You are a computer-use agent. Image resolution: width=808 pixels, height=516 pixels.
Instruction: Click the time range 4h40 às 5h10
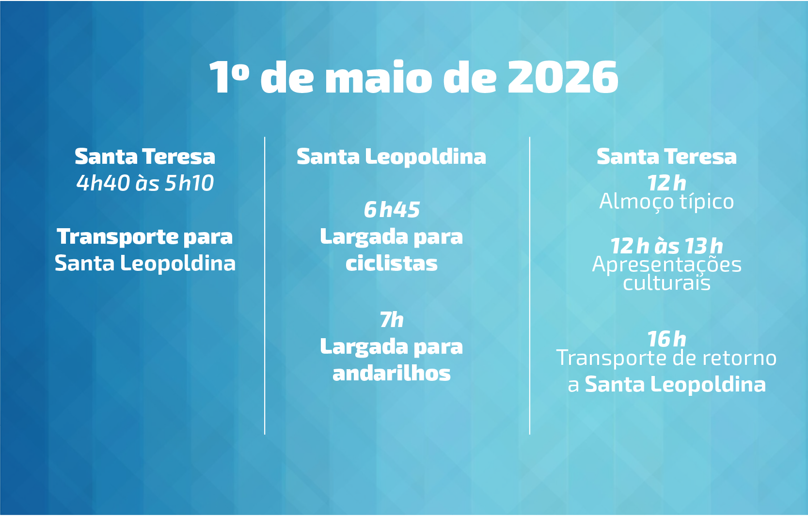145,183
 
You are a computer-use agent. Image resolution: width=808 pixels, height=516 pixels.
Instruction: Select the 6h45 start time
391,210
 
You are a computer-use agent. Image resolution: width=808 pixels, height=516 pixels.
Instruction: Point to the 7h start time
391,320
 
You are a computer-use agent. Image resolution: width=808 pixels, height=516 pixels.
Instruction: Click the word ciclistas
391,264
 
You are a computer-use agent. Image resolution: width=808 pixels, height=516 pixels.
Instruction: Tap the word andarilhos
391,373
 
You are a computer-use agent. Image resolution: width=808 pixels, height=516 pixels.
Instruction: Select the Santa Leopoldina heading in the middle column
391,157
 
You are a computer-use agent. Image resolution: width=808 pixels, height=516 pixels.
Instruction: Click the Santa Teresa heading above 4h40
145,157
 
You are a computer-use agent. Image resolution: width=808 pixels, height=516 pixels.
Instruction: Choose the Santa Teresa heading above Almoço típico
666,157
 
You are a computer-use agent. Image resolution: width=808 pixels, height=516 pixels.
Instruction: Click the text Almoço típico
666,202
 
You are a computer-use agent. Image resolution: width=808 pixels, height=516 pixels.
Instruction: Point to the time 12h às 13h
666,246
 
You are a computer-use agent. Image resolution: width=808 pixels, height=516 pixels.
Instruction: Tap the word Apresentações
666,265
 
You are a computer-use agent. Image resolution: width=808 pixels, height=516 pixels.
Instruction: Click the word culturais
666,283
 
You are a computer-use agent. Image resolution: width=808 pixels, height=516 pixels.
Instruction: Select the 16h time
666,339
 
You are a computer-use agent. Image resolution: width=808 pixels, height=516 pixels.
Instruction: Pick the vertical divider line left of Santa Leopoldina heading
265,285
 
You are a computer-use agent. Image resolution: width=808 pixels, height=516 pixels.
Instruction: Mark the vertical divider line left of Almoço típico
529,285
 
